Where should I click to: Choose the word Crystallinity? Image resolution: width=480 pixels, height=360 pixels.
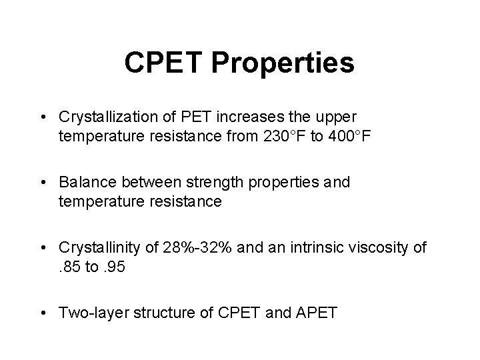point(98,247)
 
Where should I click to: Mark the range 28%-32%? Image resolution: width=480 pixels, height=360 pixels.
point(187,247)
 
